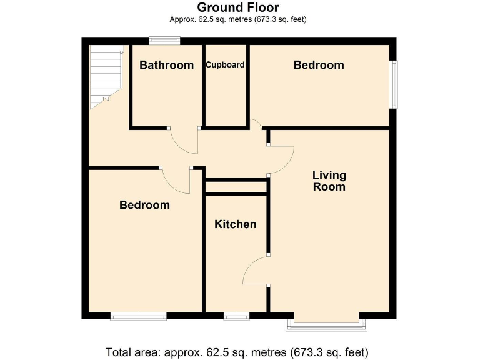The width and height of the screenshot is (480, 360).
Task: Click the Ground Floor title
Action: [238, 7]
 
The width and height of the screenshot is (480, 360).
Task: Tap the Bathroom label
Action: [166, 65]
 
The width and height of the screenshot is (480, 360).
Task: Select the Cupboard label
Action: [225, 64]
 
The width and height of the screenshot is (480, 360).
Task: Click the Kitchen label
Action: [236, 224]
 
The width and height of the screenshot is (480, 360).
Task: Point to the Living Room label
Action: [329, 181]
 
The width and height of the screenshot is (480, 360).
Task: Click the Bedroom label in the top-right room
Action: [319, 65]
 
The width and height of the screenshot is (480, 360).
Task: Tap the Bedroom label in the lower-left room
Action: [144, 205]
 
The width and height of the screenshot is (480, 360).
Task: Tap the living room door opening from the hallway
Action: [281, 160]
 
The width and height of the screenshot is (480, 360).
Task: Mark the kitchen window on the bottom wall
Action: [236, 317]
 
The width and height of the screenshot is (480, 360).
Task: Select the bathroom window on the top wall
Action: [164, 41]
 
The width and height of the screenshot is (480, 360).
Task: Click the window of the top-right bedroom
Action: [394, 84]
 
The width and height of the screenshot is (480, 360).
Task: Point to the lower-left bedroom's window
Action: [138, 317]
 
